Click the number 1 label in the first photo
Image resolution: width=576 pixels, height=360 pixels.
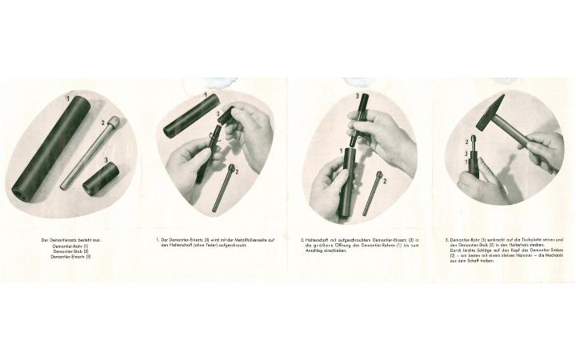pyautogui.click(x=69, y=98)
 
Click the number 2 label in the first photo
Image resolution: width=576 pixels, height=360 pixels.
pyautogui.click(x=103, y=124)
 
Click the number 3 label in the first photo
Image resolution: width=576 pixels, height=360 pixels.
pyautogui.click(x=106, y=159)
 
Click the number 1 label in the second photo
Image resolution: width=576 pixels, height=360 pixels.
pyautogui.click(x=206, y=95)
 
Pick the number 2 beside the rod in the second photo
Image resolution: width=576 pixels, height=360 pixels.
pyautogui.click(x=237, y=170)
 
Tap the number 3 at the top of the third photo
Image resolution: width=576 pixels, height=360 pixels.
pyautogui.click(x=356, y=95)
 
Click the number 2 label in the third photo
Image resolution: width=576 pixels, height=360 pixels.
pyautogui.click(x=385, y=182)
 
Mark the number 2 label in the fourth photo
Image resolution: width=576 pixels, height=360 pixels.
pyautogui.click(x=466, y=142)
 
